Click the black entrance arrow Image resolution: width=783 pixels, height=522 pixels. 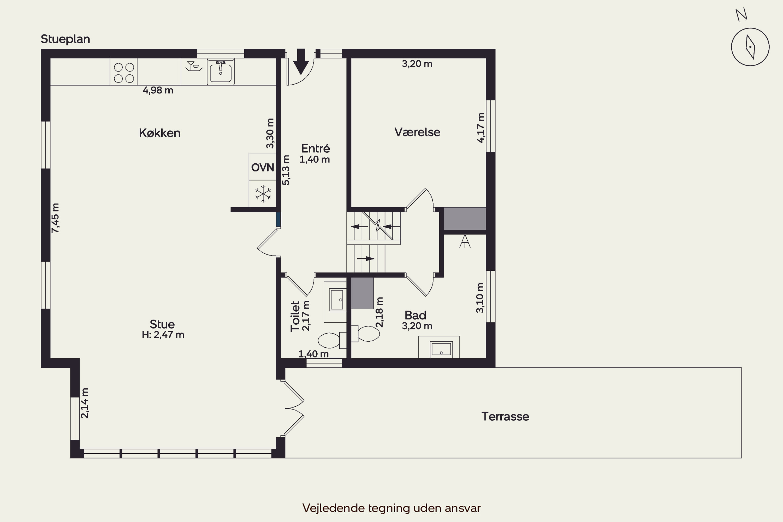click(x=301, y=62)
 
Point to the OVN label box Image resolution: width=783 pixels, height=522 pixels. click(x=262, y=167)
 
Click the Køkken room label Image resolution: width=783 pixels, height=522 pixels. click(x=159, y=133)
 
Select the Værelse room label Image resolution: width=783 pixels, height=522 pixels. click(x=417, y=132)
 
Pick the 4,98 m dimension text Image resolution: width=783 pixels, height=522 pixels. click(x=158, y=90)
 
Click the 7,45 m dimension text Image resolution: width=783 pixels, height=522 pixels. click(x=55, y=218)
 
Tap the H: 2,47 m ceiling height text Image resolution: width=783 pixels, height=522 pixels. click(x=163, y=335)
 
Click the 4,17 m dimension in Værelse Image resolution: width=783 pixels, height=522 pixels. click(x=481, y=128)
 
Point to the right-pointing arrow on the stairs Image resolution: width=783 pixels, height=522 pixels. click(x=366, y=259)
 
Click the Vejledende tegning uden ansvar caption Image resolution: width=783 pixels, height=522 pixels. click(x=391, y=508)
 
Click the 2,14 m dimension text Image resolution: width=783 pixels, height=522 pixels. click(x=85, y=403)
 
